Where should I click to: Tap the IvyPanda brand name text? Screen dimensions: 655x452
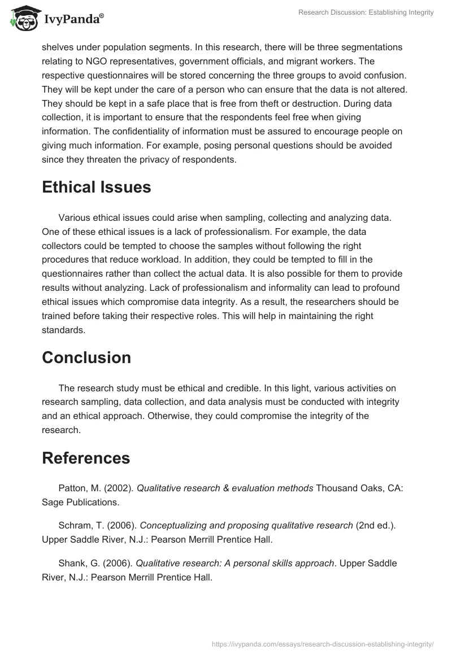click(73, 19)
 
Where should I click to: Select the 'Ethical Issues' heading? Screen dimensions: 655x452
click(96, 187)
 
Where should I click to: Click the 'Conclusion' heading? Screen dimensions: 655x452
click(86, 357)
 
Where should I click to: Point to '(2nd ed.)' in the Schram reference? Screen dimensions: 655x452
click(375, 526)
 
